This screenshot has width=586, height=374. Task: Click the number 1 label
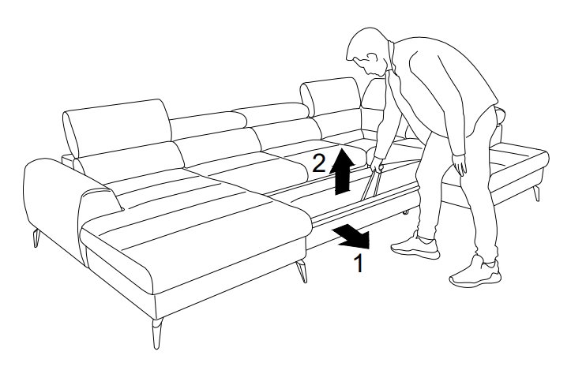[359, 264]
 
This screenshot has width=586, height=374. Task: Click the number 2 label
[318, 163]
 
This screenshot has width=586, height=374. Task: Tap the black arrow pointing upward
[342, 171]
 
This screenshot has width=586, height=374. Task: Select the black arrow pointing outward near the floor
[352, 237]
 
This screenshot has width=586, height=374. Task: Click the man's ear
[372, 58]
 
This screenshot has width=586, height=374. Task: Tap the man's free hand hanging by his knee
[460, 164]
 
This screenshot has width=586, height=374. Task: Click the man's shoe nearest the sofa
[415, 246]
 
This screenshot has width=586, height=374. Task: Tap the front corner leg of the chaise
[157, 333]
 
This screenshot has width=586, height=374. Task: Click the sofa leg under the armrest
[36, 238]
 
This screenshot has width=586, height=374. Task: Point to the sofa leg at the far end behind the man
[537, 193]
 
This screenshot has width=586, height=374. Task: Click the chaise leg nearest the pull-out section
[302, 271]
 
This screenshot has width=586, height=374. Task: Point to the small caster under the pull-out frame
[405, 213]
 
